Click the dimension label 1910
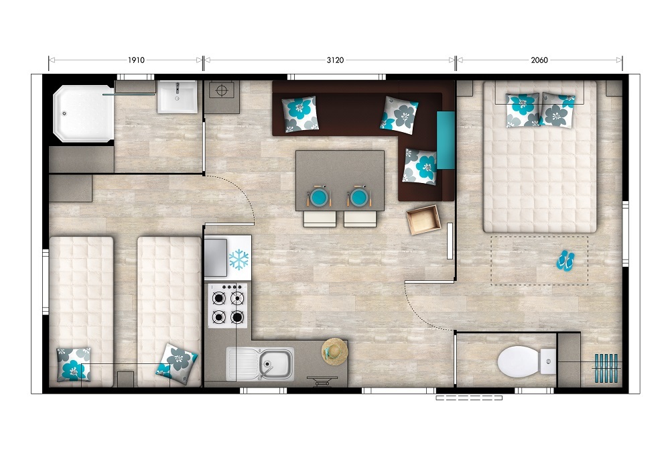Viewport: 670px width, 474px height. (136, 60)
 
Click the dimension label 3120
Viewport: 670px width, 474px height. (336, 60)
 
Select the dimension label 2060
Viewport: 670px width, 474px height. (539, 60)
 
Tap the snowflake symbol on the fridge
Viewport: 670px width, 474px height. (239, 259)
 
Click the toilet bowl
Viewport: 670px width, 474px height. (522, 361)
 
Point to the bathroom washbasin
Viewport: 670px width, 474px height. (178, 97)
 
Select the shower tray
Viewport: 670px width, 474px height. (84, 113)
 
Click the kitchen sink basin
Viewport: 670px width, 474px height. (276, 363)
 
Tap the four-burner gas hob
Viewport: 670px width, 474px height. (228, 306)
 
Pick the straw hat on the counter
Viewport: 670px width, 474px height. (334, 352)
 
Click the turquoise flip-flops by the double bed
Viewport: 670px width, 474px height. (565, 261)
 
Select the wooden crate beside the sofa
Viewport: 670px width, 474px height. (423, 220)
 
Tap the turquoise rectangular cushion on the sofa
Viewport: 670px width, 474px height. (446, 140)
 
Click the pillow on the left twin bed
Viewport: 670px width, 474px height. (74, 364)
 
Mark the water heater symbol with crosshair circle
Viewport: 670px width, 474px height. (221, 91)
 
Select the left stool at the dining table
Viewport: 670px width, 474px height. (320, 219)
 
